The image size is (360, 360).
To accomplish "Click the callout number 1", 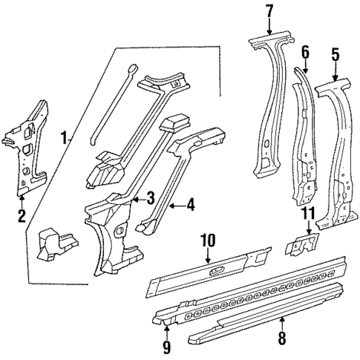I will pyautogui.click(x=65, y=137).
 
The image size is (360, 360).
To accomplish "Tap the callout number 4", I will pyautogui.click(x=191, y=206).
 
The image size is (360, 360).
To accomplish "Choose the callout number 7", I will pyautogui.click(x=269, y=11).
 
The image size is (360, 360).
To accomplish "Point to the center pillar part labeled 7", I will pyautogui.click(x=266, y=111).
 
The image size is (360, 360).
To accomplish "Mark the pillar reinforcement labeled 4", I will pyautogui.click(x=167, y=178).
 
